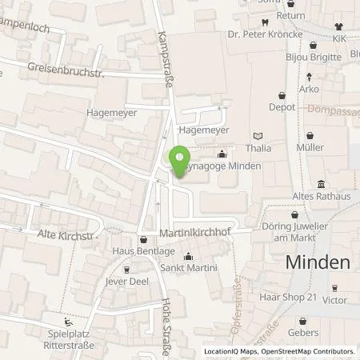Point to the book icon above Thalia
tap(258, 136)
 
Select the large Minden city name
tap(318, 262)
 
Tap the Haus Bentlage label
tap(143, 252)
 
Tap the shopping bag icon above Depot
tap(282, 94)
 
